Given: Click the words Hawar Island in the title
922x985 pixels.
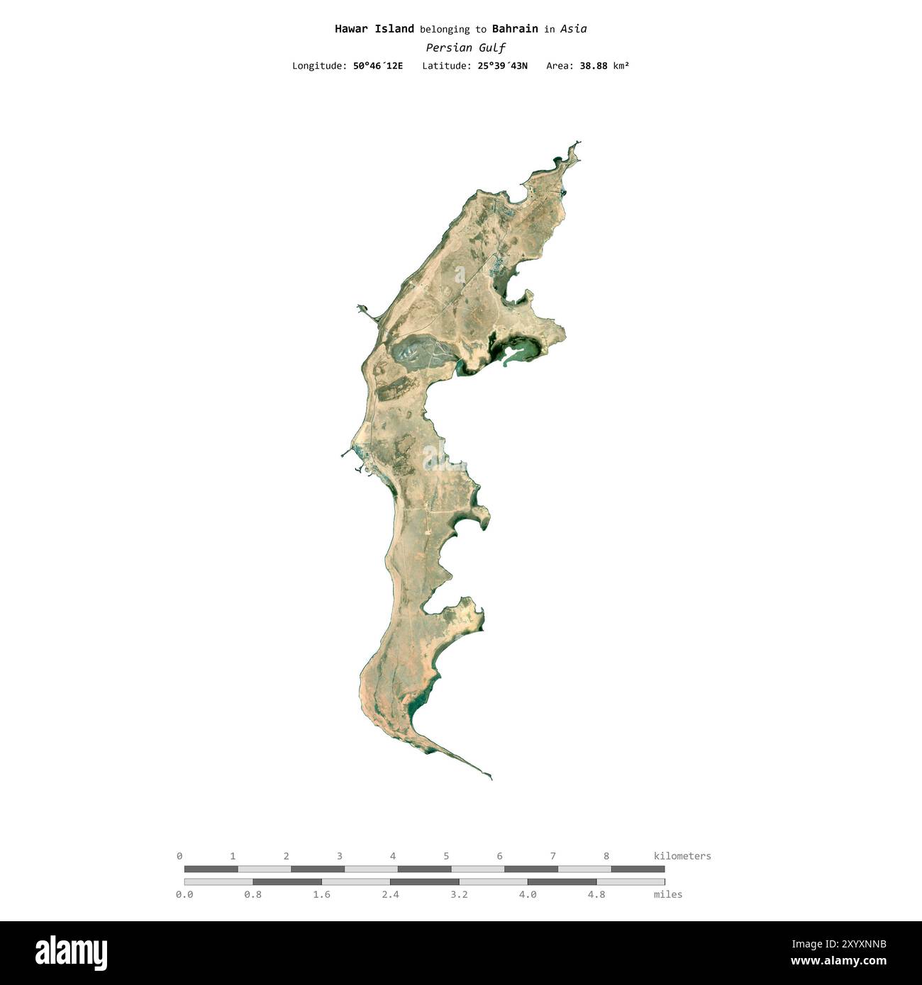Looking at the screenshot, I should point(374,29).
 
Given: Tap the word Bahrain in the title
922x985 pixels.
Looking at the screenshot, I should point(515,29).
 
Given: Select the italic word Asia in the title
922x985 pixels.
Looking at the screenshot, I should point(573,29).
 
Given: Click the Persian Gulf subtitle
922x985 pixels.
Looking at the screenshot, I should point(465,48).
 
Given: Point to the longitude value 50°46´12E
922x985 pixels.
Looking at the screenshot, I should point(377,66).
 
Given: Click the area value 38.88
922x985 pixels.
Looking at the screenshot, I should point(594,66).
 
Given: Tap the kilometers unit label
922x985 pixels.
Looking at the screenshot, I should point(682,856).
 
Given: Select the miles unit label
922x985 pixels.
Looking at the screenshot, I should point(667,894).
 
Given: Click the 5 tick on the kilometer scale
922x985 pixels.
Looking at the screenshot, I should point(446,856).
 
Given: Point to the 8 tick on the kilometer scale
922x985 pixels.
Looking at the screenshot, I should point(606,856).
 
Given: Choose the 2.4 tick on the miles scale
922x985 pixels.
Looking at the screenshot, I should point(390,894).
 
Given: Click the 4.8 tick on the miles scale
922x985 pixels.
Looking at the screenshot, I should point(596,894).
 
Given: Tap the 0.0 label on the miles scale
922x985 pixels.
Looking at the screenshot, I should point(184,894).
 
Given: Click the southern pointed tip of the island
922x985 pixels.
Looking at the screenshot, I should point(491,778).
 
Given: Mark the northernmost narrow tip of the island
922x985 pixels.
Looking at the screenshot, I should point(578,142).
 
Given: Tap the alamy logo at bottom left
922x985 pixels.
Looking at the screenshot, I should point(72,952).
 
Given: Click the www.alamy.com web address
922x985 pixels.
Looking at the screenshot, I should point(838,962).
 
